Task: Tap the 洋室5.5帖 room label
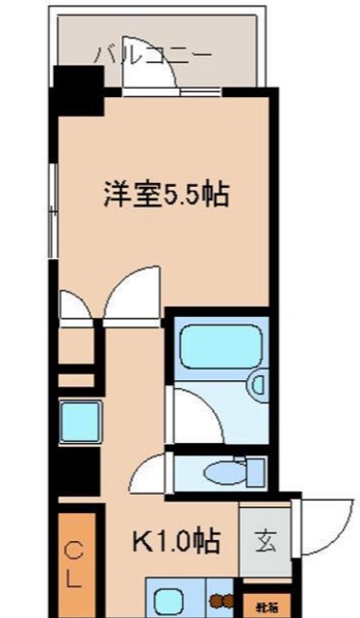pos(166,195)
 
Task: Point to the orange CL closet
pos(75,566)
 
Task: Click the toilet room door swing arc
pos(154,473)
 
